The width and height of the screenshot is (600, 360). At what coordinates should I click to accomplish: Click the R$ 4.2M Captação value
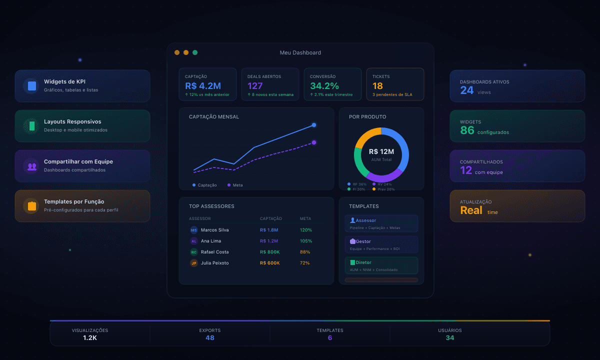tap(203, 86)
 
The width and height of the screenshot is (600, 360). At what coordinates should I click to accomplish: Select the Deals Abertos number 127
tap(255, 86)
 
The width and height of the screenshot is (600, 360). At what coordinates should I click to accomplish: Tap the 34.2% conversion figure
tap(324, 86)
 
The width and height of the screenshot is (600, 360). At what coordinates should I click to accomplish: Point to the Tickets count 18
tap(377, 86)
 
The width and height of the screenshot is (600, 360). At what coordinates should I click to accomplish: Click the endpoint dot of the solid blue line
tap(314, 125)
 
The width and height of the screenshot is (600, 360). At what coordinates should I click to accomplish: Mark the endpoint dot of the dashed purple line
tap(314, 142)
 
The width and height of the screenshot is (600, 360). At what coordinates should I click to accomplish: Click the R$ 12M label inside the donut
tap(381, 152)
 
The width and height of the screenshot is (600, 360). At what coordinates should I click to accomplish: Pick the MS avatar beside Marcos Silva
tap(194, 230)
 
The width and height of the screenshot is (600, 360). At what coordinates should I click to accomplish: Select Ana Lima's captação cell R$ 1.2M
tap(269, 241)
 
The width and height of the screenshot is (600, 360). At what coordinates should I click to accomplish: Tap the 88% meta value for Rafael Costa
tap(305, 252)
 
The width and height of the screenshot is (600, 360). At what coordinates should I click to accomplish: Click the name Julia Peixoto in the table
tap(215, 263)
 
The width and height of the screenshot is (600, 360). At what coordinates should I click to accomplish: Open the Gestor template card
tap(381, 244)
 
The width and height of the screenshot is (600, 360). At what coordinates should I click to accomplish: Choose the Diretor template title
tap(363, 262)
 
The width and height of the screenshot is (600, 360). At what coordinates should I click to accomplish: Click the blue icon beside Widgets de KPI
tap(32, 86)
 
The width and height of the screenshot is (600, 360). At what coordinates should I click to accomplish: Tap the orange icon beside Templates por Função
tap(32, 205)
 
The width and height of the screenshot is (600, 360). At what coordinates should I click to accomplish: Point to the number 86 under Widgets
tap(467, 131)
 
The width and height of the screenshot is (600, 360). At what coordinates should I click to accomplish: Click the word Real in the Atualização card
tap(471, 210)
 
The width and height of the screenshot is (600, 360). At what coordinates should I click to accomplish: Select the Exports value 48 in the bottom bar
tap(210, 338)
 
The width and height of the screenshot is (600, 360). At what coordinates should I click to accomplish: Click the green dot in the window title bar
tap(195, 52)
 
